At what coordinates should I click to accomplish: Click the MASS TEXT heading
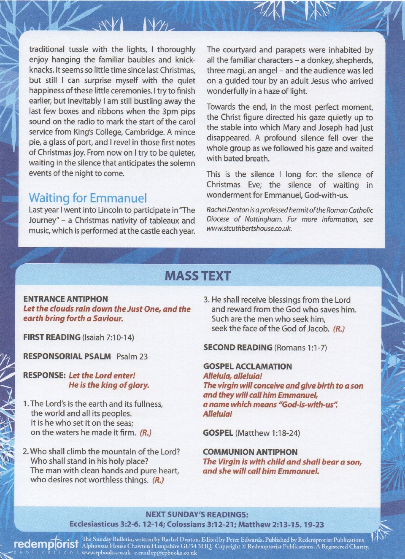[197, 276]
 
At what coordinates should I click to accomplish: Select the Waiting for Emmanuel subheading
[88, 198]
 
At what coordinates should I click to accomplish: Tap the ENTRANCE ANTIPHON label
[65, 299]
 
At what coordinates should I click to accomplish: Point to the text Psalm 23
[132, 356]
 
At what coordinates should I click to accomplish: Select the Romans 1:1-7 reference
[300, 348]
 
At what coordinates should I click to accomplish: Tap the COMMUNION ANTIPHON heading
[250, 452]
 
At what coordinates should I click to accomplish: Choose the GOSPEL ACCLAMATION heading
[247, 366]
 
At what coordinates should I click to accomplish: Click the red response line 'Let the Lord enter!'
[102, 375]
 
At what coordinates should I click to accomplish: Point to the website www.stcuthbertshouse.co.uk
[249, 229]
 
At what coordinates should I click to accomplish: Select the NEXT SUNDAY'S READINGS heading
[197, 515]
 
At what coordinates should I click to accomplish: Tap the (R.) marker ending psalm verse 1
[146, 432]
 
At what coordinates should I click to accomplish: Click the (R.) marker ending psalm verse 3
[339, 329]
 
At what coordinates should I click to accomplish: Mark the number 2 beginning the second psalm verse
[25, 451]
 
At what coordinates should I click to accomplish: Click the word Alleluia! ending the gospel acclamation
[217, 414]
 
